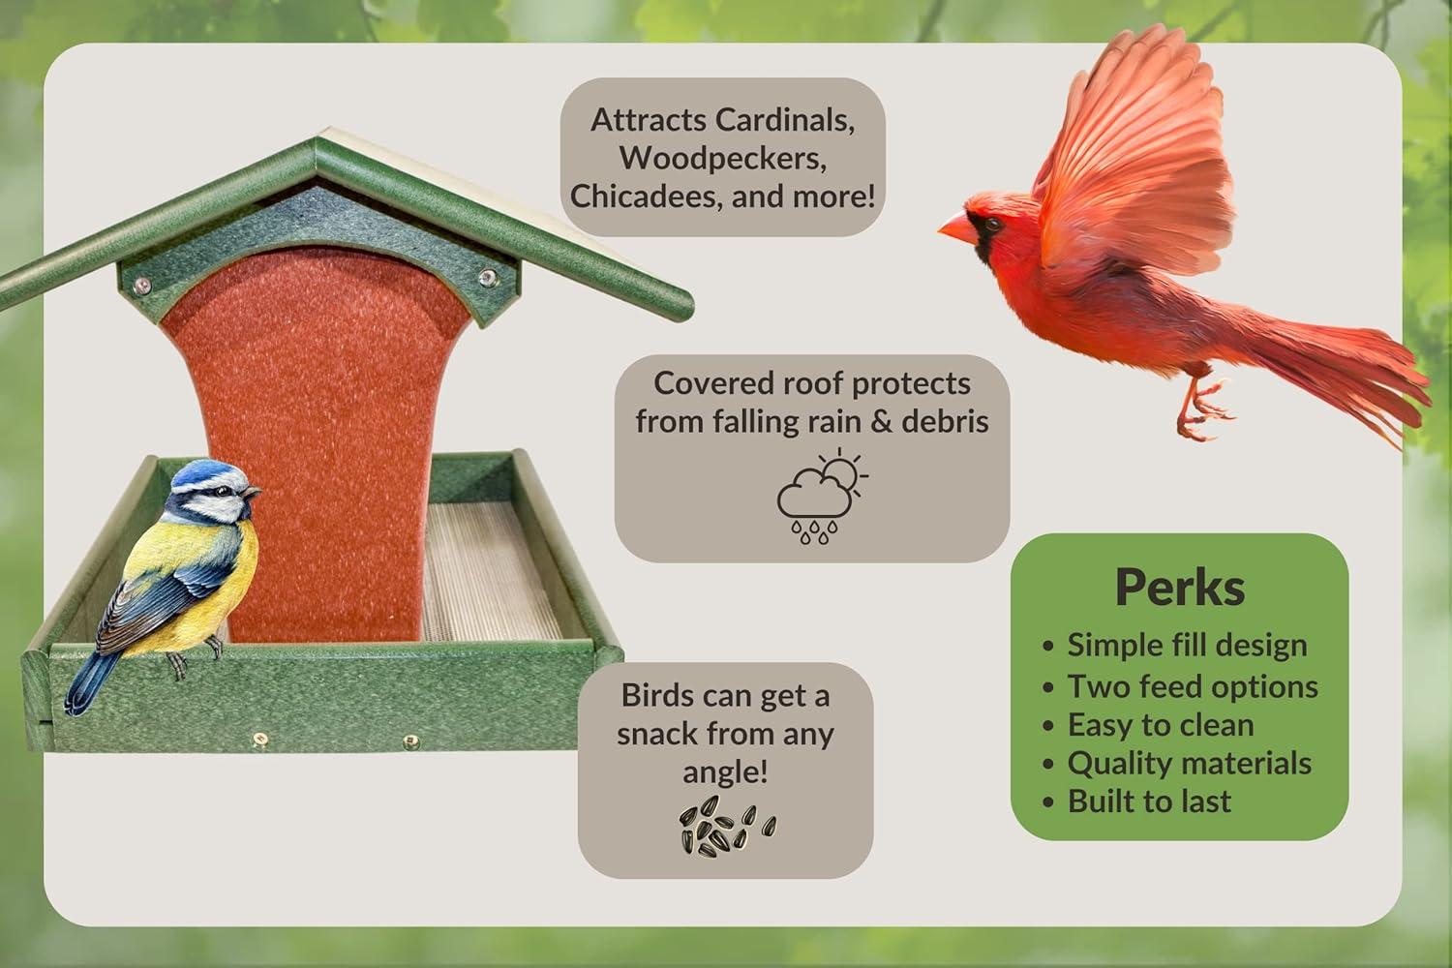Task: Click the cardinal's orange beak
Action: click(957, 227)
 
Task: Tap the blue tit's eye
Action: click(224, 491)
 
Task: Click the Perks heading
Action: click(1180, 587)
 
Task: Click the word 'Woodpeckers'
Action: click(723, 158)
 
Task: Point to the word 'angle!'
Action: click(725, 772)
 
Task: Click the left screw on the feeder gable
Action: click(141, 284)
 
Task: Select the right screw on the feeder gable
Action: click(487, 278)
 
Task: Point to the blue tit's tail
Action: click(91, 683)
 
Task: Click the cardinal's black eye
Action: click(992, 225)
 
